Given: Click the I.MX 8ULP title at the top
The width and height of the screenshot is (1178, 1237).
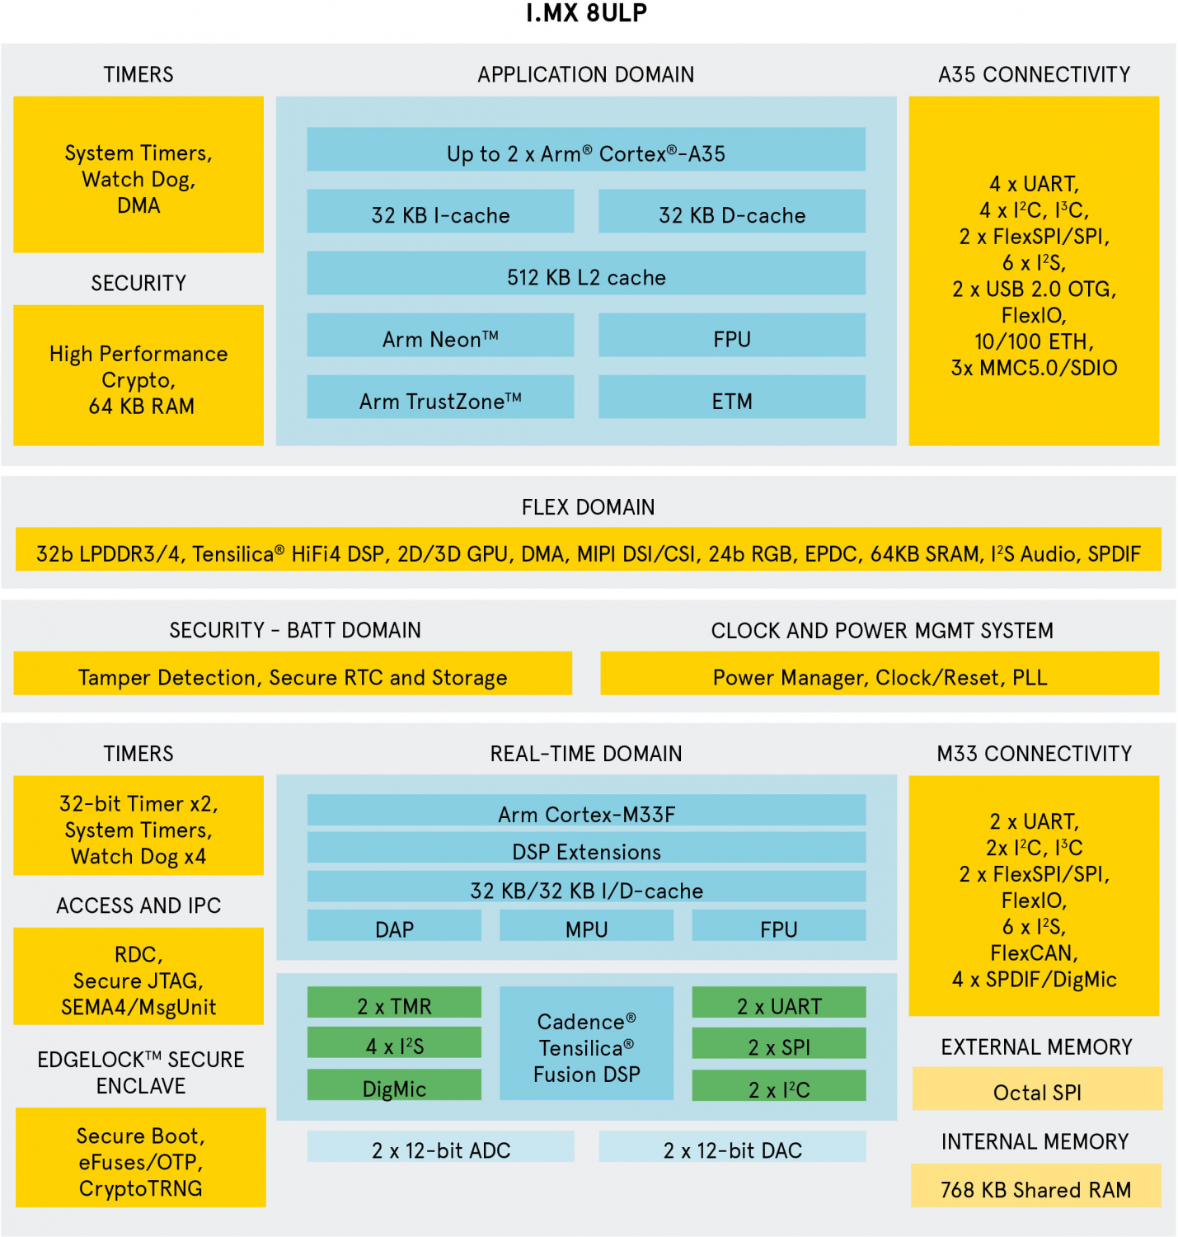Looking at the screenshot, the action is point(586,13).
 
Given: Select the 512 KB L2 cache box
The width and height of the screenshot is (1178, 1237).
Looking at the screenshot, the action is point(586,274).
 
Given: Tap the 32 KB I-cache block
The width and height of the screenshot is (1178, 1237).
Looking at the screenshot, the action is point(440,212).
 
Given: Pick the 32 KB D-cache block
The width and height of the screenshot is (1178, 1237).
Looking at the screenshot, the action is point(731,212).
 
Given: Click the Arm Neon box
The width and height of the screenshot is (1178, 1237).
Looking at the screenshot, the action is point(440,336).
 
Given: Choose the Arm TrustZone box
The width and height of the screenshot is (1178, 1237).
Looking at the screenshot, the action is point(440,397).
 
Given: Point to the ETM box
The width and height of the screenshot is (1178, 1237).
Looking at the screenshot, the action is point(731,397).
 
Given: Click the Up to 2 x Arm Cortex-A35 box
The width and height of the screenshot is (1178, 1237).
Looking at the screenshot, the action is point(586,150).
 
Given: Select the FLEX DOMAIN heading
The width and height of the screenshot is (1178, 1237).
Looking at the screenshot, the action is point(588,507).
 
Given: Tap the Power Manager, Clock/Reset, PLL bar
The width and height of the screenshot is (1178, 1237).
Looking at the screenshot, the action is point(880,675).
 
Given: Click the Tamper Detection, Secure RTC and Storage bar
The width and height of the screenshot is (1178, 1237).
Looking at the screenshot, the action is point(293,675).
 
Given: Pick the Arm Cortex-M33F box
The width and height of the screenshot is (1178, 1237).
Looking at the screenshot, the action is point(586,811).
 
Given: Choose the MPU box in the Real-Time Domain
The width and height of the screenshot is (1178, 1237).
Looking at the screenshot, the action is point(586,926).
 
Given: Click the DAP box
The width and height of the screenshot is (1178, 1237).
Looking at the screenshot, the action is point(394,926).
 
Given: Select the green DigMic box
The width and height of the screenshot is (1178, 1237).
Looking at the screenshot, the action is point(394,1085).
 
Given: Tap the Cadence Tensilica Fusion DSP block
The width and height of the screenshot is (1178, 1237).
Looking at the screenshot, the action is point(586,1044).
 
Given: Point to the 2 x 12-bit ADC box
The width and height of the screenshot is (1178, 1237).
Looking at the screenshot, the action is point(440,1147).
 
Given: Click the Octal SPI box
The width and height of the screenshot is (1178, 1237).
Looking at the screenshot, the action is point(1037,1089).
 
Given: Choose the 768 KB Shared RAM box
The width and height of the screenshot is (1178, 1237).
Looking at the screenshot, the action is point(1036,1187).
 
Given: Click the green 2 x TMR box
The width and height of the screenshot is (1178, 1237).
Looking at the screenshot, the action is point(394,1003).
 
